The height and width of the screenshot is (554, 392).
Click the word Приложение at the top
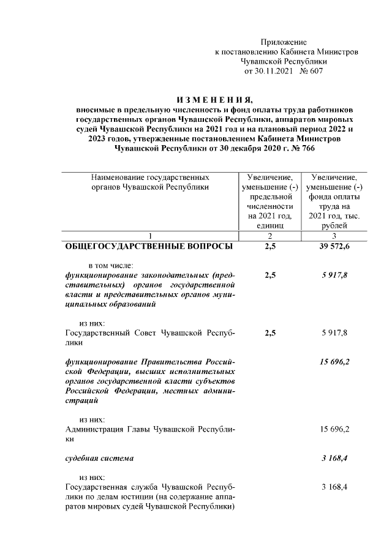[283, 42]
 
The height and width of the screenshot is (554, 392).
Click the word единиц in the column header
[270, 225]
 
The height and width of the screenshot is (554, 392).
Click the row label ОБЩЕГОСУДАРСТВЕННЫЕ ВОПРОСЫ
[149, 247]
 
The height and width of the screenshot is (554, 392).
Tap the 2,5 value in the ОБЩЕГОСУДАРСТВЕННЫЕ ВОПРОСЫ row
[270, 247]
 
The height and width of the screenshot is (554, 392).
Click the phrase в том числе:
[115, 266]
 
